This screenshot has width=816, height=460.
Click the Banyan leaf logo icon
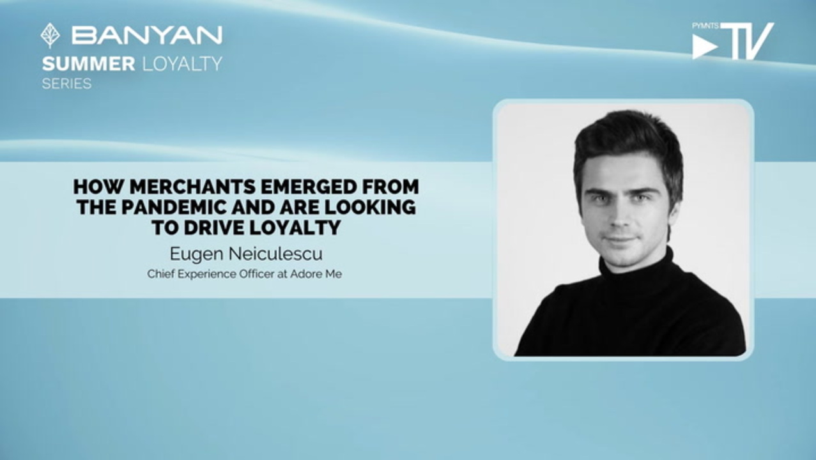tap(50, 35)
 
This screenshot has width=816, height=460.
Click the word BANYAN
tap(147, 35)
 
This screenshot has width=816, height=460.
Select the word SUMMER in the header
tap(89, 65)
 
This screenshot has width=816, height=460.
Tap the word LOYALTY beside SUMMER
tap(181, 65)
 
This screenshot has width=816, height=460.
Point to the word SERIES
tap(66, 84)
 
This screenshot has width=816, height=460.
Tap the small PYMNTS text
tap(705, 26)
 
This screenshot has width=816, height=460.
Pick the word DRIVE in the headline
tap(214, 227)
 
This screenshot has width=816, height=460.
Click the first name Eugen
tap(197, 254)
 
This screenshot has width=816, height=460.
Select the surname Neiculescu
tap(275, 254)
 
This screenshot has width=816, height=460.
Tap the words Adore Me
tap(316, 274)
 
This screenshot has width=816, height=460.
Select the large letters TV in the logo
tap(747, 41)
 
